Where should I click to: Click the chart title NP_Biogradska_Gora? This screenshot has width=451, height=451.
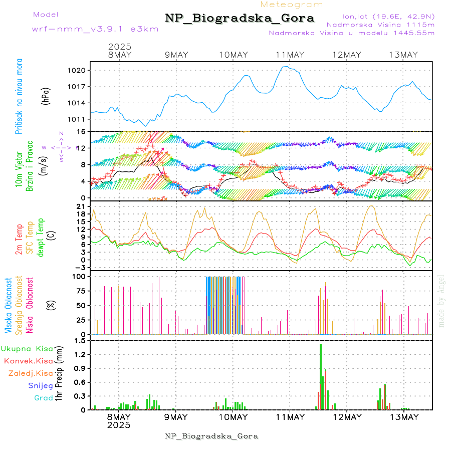coord(240,19)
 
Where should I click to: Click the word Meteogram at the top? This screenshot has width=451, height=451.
coord(292,5)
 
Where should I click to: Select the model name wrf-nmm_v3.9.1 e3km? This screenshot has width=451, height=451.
coord(95,29)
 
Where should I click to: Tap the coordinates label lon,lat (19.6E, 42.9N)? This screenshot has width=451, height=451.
coord(388,16)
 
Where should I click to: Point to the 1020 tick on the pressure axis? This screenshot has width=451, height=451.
coord(79,70)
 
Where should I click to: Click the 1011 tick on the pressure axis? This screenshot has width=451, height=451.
coord(79,119)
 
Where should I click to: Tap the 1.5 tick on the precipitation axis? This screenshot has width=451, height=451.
coord(80,341)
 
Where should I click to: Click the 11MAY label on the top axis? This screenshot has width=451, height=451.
coord(290,55)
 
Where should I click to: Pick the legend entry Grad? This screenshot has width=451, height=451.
coord(44,398)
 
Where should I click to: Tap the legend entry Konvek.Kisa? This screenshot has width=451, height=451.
coord(29,361)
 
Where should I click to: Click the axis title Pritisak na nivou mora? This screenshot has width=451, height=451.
coord(20,98)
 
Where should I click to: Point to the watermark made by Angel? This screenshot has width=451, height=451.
coord(441,301)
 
